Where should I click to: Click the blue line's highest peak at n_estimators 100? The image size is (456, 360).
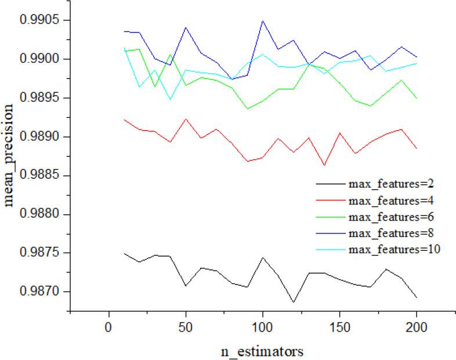[x=262, y=21]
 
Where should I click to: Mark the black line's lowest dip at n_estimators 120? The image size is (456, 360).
[x=294, y=302]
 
